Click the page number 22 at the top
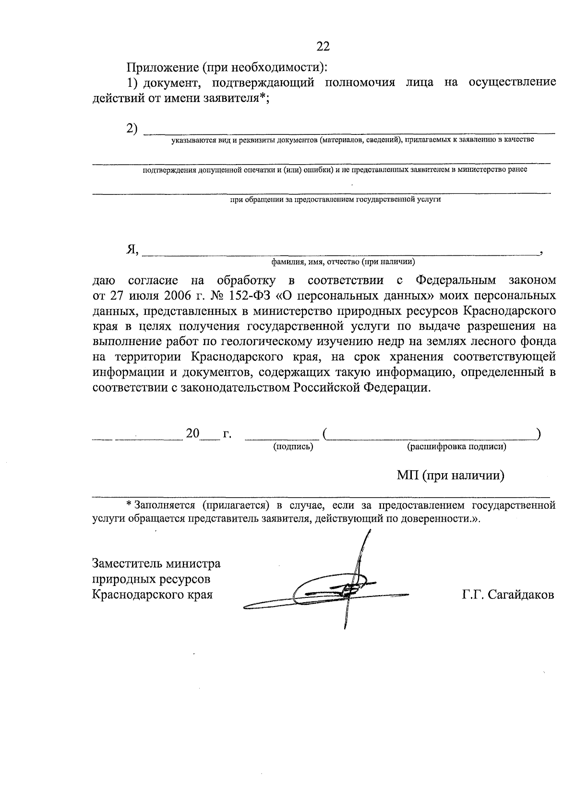coord(323,47)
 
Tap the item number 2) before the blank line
coord(132,129)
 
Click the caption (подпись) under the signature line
coord(293,447)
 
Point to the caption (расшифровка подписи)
coord(456,447)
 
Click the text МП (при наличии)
coord(450,476)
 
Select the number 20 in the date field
coord(192,433)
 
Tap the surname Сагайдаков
coord(521,595)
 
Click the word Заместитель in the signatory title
coord(126,563)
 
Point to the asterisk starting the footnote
coord(129,505)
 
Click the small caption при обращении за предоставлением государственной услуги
coord(335,199)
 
